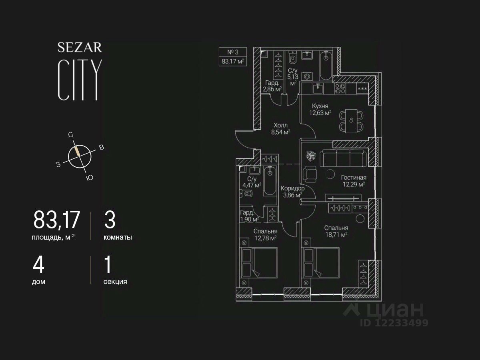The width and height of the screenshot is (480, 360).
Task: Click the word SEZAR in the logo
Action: point(80,48)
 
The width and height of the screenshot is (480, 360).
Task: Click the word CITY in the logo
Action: point(79,80)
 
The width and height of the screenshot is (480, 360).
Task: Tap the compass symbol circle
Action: point(80,156)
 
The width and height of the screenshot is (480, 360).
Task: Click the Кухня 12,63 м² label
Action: point(320,109)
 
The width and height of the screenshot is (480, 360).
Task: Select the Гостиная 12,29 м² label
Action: point(353,181)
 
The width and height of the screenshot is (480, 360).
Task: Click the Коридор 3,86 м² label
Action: point(292,192)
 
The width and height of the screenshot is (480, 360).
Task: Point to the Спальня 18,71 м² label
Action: point(336,231)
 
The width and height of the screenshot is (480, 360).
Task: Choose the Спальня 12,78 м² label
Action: point(265,235)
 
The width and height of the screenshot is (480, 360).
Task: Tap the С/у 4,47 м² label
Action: point(252,182)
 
